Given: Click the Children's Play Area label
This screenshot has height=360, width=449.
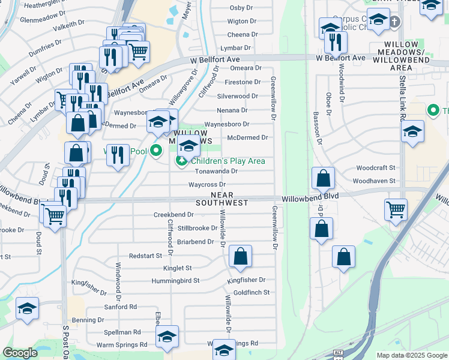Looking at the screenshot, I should click(x=228, y=161).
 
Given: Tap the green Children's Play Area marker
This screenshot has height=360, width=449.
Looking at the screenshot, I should click(x=181, y=161).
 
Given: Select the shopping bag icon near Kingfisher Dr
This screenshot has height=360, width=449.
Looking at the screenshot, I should click(x=240, y=256).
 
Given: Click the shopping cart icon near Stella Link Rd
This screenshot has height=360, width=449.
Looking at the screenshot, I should click(x=396, y=210).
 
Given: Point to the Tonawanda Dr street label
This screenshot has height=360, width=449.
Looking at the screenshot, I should click(x=217, y=171).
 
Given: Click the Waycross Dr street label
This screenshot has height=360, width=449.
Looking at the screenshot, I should click(x=206, y=185).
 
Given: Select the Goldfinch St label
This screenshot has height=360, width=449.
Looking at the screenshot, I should click(x=252, y=292).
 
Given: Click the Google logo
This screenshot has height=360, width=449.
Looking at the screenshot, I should click(x=20, y=353).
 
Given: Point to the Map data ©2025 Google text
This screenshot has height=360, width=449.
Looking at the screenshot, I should click(x=412, y=355).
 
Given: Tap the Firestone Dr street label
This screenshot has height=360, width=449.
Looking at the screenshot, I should click(x=243, y=82).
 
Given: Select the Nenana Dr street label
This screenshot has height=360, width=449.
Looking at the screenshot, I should click(x=232, y=110).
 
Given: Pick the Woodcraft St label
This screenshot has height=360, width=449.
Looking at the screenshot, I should click(x=376, y=168).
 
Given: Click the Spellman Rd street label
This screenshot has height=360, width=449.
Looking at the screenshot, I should click(x=122, y=332).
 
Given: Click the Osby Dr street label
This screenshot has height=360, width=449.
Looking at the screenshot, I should click(x=241, y=8).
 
